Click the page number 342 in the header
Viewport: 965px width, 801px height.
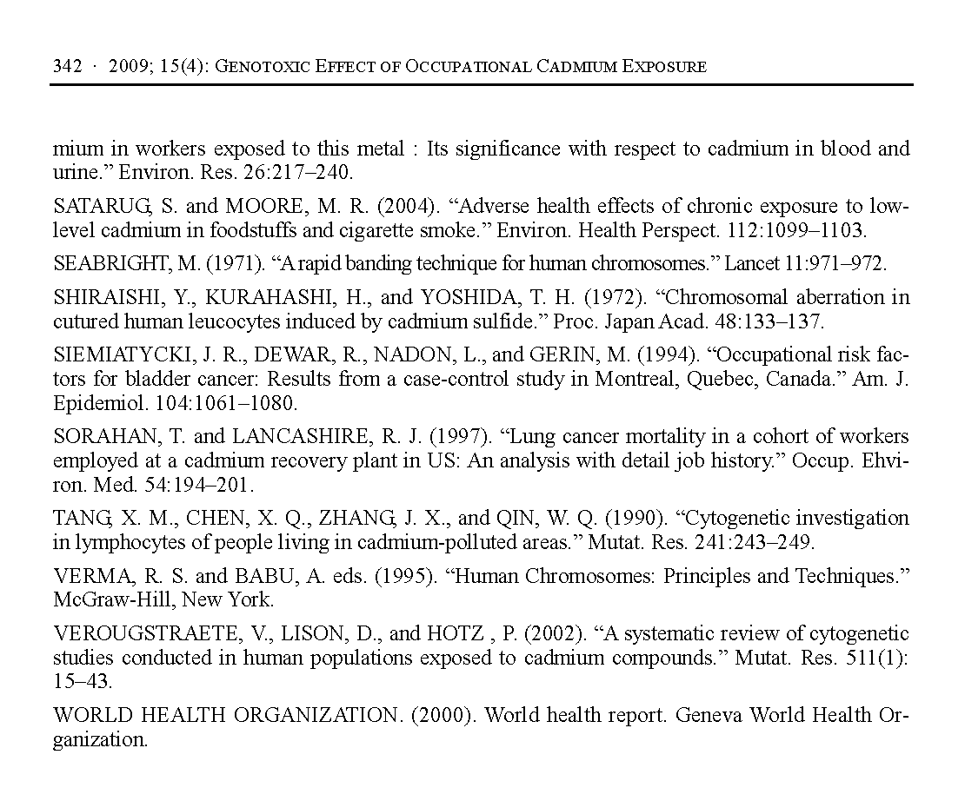[67, 67]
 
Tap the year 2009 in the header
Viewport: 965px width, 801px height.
[125, 67]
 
